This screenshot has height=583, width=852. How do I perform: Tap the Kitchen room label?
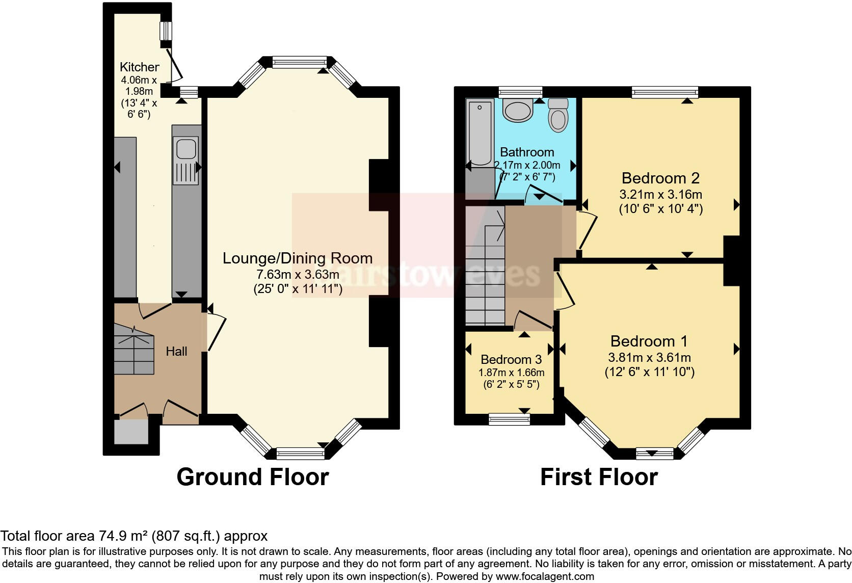click(139, 67)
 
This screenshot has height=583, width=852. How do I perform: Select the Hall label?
click(176, 351)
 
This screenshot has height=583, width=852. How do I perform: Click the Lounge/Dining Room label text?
click(298, 258)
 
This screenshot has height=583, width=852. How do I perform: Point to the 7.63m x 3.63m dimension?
click(298, 275)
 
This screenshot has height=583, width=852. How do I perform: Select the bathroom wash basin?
click(517, 110)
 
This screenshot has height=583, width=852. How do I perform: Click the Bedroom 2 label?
click(660, 178)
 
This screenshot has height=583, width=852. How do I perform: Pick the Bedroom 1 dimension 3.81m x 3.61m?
click(649, 357)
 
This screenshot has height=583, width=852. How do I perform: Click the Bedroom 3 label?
click(511, 359)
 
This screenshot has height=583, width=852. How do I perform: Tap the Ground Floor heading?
click(253, 477)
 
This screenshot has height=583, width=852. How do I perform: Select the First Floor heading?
click(599, 477)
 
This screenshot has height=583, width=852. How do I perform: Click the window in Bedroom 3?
click(509, 419)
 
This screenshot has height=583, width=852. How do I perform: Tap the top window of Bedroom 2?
click(664, 92)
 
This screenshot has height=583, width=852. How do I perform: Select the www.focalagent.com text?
click(545, 576)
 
